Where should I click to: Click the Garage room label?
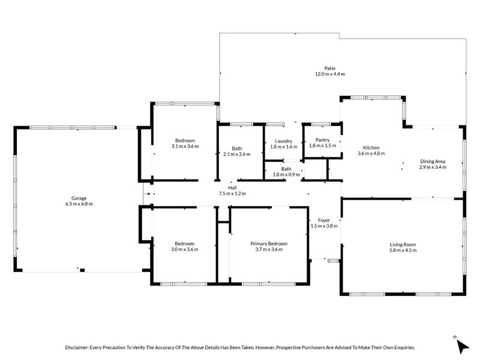[79, 198]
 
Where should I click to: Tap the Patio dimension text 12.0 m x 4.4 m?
[329, 74]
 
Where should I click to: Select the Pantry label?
[322, 140]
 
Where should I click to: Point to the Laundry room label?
[283, 141]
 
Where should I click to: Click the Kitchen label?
[371, 148]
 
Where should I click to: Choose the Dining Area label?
[433, 161]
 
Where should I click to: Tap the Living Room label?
[403, 244]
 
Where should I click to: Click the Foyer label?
[324, 220]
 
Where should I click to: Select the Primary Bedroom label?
[269, 244]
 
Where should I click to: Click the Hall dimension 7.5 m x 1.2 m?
[232, 193]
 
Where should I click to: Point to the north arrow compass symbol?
[462, 346]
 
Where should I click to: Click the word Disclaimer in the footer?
[77, 347]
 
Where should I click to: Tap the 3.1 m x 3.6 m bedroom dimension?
[185, 146]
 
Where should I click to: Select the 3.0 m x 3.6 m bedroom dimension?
[185, 249]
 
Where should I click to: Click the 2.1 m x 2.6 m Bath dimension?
[236, 154]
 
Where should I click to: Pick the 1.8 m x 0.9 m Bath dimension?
[286, 175]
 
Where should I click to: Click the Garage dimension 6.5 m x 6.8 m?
[79, 204]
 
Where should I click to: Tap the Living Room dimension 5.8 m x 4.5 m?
[403, 250]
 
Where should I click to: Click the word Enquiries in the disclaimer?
[404, 347]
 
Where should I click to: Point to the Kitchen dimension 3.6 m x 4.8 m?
[371, 154]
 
